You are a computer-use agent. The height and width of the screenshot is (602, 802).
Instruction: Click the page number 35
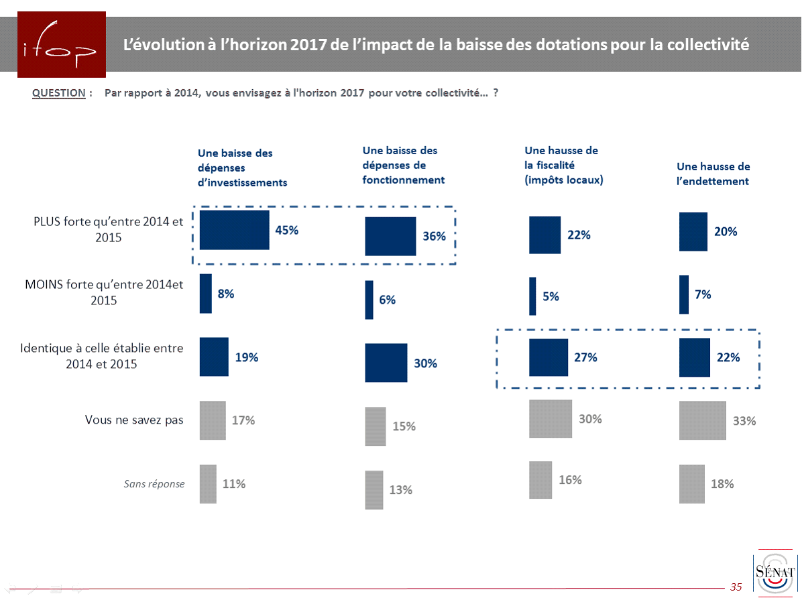pyautogui.click(x=736, y=587)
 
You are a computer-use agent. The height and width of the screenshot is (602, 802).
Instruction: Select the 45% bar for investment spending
pyautogui.click(x=235, y=230)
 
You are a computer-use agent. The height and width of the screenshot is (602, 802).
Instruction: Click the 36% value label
pyautogui.click(x=435, y=237)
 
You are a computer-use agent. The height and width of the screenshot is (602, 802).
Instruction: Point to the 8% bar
pyautogui.click(x=206, y=294)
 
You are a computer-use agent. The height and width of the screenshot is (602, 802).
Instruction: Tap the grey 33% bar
pyautogui.click(x=702, y=420)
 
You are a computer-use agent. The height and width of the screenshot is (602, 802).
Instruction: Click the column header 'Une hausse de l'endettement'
pyautogui.click(x=713, y=174)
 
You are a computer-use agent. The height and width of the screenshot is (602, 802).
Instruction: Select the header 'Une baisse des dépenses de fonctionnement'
pyautogui.click(x=404, y=165)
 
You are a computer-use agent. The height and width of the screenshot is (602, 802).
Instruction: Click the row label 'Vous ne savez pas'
pyautogui.click(x=134, y=420)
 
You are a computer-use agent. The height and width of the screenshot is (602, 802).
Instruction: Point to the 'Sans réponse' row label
pyautogui.click(x=154, y=483)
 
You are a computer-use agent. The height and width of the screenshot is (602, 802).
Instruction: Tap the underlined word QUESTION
pyautogui.click(x=58, y=93)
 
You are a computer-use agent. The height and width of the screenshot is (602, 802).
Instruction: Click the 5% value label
pyautogui.click(x=551, y=296)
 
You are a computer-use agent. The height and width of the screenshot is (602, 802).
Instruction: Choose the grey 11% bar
pyautogui.click(x=208, y=483)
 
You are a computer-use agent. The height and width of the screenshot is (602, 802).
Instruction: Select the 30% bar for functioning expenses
pyautogui.click(x=386, y=363)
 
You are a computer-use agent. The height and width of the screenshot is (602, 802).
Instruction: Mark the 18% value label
pyautogui.click(x=723, y=483)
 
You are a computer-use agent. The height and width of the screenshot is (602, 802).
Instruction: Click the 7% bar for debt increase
pyautogui.click(x=684, y=294)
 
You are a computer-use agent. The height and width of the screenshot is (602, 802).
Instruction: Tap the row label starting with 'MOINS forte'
pyautogui.click(x=103, y=292)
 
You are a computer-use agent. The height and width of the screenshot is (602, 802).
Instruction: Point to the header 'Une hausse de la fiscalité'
pyautogui.click(x=564, y=165)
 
